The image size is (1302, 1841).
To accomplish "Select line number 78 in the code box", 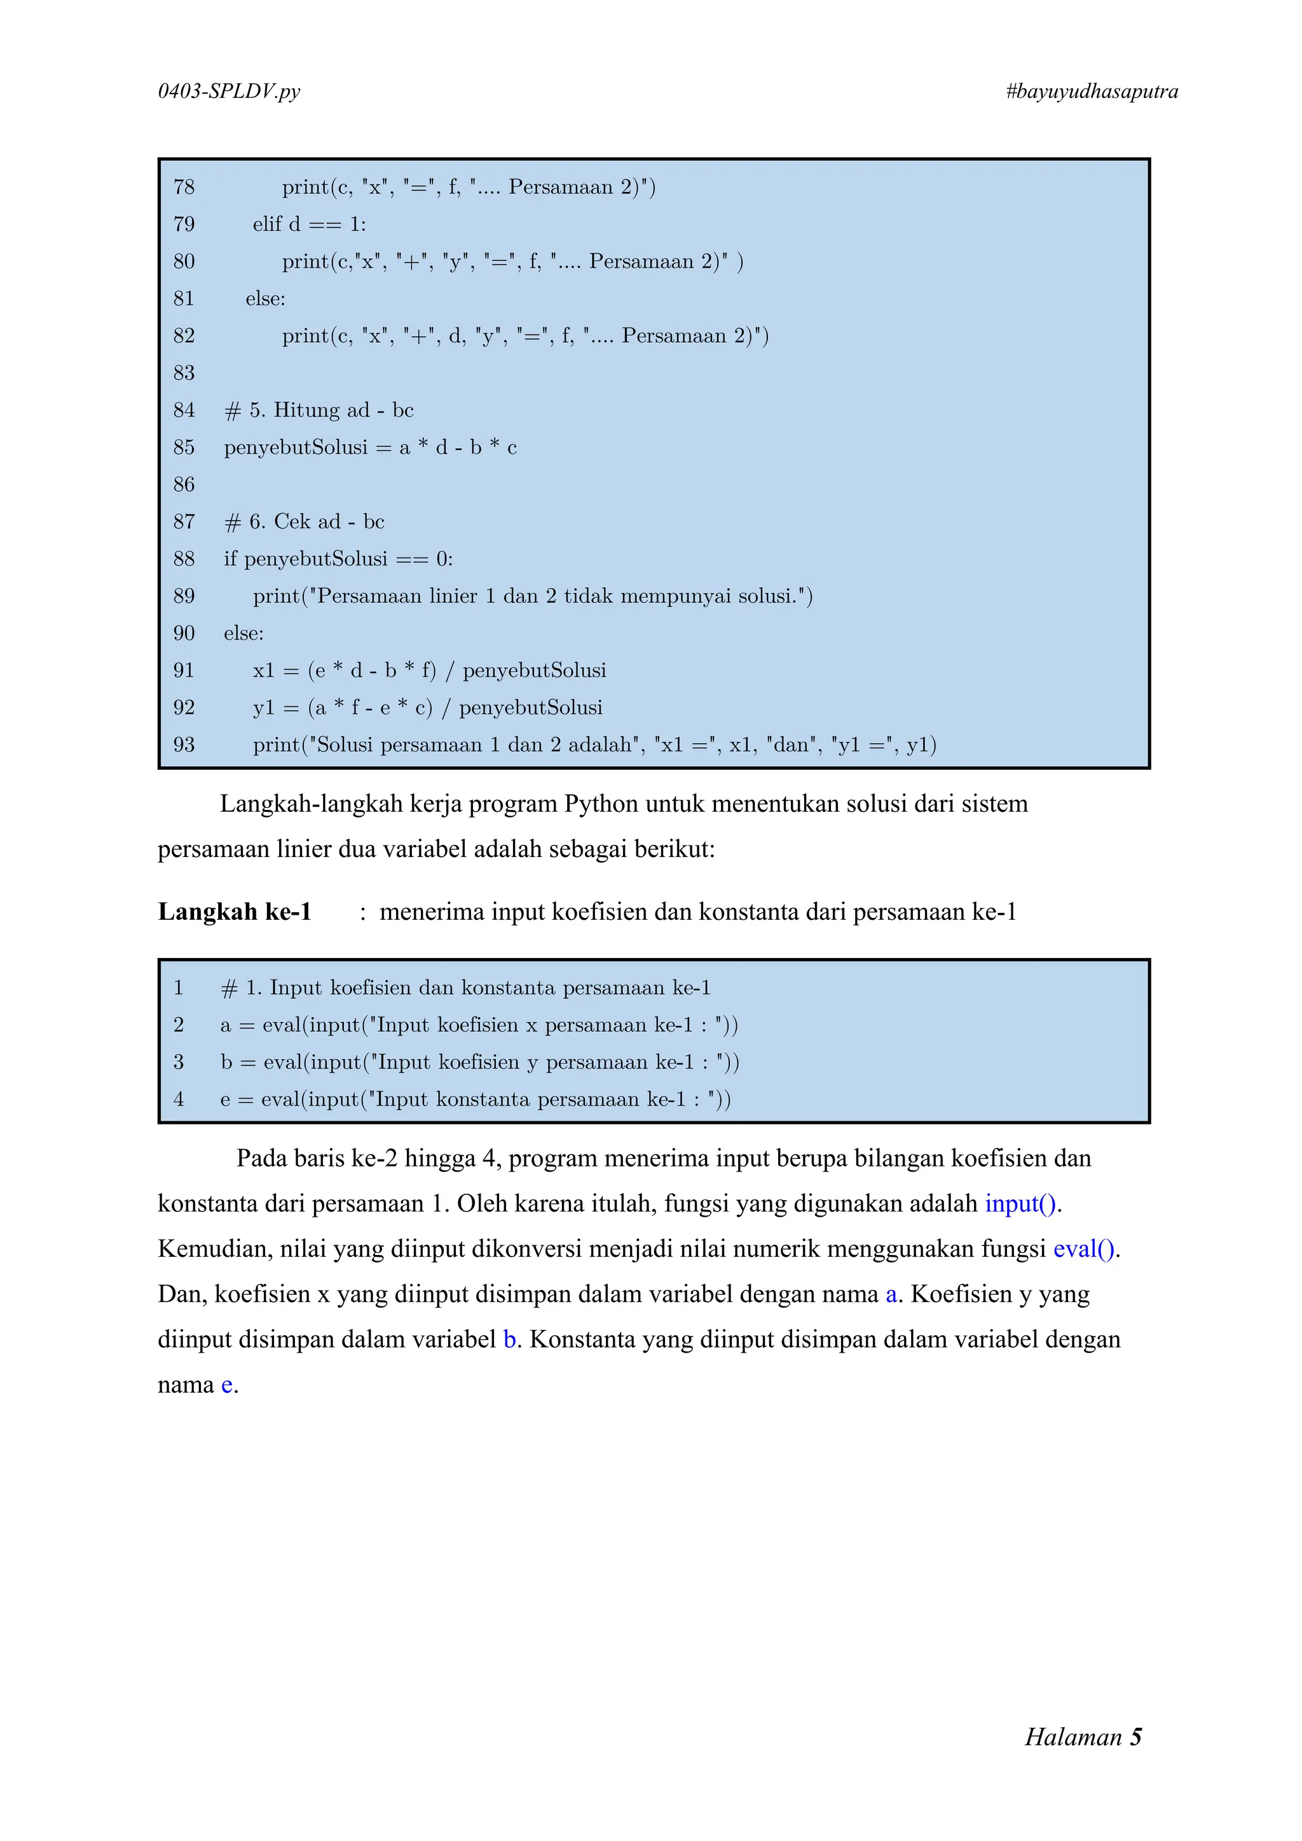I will coord(184,187).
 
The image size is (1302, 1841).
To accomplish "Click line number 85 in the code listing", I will coord(184,448).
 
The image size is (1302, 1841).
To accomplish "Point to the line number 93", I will coord(184,745).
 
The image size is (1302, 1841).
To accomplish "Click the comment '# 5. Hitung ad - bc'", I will coord(319,411).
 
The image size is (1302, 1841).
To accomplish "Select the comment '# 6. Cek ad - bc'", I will coord(304,522).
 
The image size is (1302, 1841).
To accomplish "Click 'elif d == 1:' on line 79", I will coord(309,224).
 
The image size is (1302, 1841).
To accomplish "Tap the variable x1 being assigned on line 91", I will coord(263,670).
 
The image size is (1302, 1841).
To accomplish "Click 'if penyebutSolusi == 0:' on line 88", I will coord(338,559).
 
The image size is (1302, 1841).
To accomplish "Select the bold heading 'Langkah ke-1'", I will coord(234,912).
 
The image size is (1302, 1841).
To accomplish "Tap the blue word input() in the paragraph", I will coord(1020,1203).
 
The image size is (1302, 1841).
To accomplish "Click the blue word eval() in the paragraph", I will coord(1084,1249).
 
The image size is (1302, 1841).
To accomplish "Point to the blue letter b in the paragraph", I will coord(509,1339).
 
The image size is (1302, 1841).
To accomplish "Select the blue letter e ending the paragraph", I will coord(227,1385).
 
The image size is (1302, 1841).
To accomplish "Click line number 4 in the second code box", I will coord(179,1099).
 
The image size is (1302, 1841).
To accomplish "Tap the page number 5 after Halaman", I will coord(1135,1737).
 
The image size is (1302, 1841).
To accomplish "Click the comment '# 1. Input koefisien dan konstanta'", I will coord(465,988).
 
